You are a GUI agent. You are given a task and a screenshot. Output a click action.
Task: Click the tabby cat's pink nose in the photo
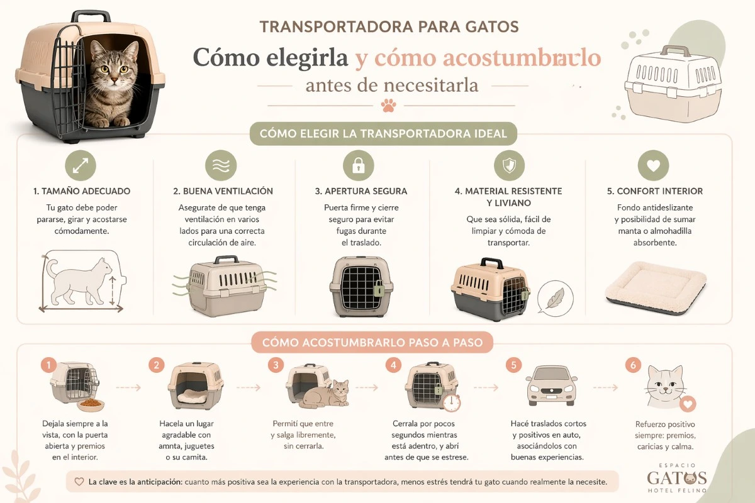115,80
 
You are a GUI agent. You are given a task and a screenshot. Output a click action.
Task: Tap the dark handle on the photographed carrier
91,17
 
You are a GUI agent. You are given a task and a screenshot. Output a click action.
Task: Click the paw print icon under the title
389,106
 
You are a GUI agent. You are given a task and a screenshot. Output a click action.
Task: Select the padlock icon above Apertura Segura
358,165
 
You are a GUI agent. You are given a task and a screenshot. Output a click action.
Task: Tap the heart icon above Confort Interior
653,165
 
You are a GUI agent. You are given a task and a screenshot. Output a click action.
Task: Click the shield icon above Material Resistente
509,165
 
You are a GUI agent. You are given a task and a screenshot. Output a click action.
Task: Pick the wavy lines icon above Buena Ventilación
221,165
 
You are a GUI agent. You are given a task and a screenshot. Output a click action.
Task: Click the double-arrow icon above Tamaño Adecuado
81,165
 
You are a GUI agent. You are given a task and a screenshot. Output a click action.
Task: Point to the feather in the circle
555,297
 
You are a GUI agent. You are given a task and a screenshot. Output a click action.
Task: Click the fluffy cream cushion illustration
656,287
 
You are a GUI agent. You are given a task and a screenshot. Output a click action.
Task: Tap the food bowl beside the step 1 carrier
91,404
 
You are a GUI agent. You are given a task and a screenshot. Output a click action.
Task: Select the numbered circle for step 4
393,365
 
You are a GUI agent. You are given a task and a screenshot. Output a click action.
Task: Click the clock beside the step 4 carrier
452,403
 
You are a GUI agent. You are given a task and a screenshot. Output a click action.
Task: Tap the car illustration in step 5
551,385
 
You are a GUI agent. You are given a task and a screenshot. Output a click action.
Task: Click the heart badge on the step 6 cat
688,404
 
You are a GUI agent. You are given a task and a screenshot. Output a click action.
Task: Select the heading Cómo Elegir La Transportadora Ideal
383,133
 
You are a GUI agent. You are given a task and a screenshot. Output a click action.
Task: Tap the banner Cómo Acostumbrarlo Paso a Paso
372,342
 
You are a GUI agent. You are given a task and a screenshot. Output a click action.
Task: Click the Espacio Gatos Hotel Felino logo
677,478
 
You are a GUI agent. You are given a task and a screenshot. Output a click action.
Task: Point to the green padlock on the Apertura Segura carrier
379,288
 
